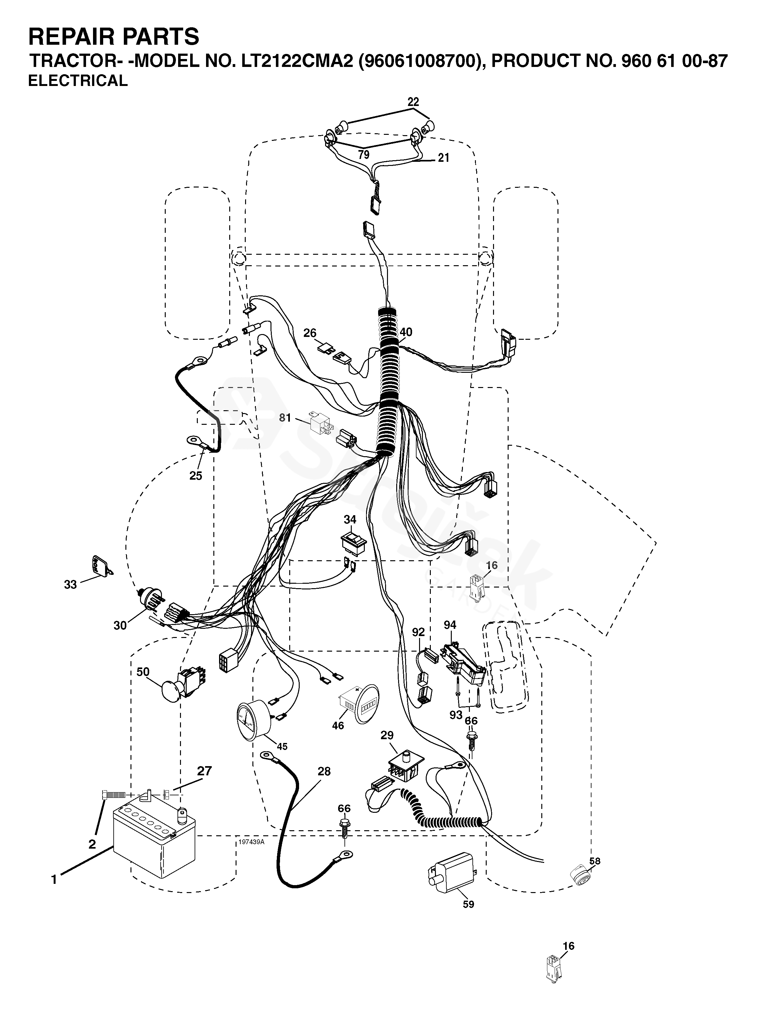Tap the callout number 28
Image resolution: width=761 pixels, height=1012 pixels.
324,771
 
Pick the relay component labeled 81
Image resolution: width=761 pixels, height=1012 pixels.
321,423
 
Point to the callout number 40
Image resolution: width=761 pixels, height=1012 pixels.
406,332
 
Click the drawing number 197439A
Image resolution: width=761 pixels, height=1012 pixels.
251,842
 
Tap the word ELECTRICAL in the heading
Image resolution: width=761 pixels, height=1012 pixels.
78,81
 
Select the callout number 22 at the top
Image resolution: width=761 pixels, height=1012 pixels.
413,101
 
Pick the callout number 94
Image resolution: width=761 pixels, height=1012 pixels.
450,625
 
